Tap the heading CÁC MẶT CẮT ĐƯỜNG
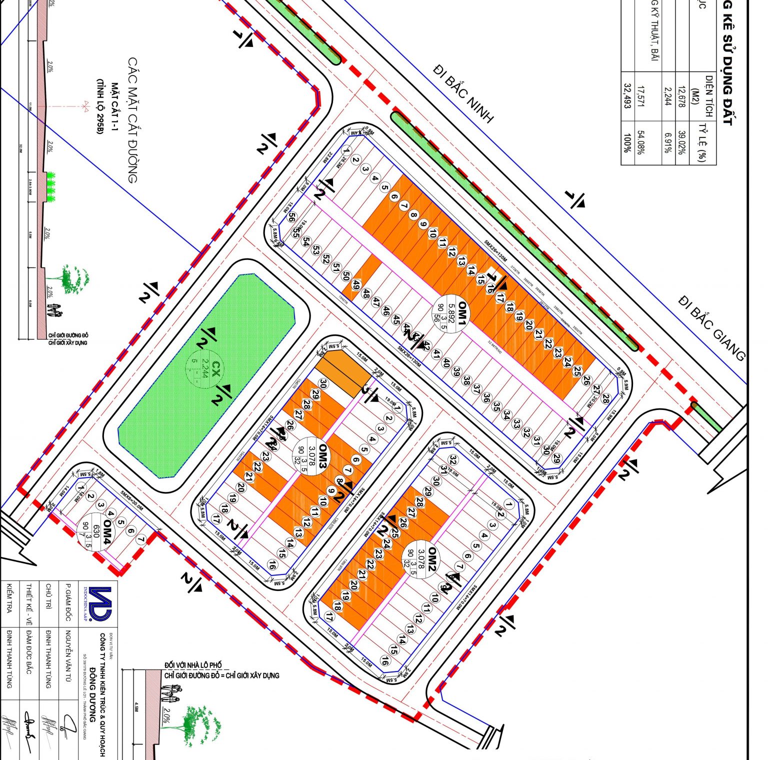[132, 120]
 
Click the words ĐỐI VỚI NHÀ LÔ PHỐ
[193, 665]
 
